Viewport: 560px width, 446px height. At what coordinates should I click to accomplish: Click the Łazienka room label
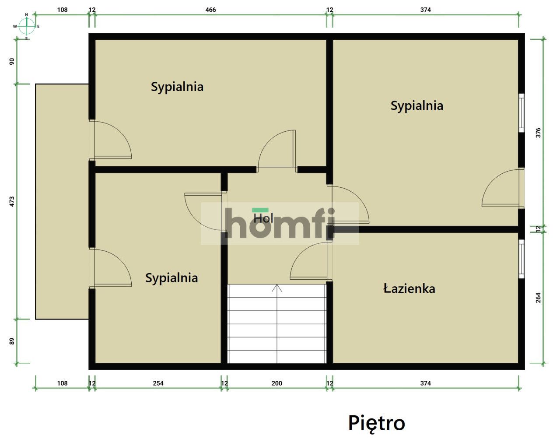[409, 288]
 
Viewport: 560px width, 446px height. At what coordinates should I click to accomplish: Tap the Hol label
[263, 218]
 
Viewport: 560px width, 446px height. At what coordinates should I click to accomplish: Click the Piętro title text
[376, 423]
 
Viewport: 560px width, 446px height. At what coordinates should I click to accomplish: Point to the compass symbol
[27, 26]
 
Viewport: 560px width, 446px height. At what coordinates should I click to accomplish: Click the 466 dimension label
[210, 10]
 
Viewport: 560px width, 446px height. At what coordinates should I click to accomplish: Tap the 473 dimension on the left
[12, 201]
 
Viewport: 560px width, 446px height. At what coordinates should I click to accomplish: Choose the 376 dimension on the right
[538, 133]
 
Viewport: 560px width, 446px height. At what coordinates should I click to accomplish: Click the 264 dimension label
[538, 298]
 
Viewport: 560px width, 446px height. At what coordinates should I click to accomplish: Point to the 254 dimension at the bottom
[158, 383]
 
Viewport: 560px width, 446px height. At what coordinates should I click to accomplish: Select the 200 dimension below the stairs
[276, 383]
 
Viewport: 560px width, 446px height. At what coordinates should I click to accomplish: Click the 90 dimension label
[12, 61]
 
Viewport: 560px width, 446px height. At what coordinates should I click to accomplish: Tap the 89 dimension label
[12, 341]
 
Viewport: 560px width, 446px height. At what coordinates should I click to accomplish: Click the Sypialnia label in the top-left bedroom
[177, 87]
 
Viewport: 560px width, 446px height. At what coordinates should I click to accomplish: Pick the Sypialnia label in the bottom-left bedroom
[171, 278]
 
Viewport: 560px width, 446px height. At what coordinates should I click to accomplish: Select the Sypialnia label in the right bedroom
[416, 105]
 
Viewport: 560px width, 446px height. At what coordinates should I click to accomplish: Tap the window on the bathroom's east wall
[521, 259]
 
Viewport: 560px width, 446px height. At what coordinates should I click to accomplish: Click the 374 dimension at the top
[425, 10]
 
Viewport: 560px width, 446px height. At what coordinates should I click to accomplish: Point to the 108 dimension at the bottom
[62, 383]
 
